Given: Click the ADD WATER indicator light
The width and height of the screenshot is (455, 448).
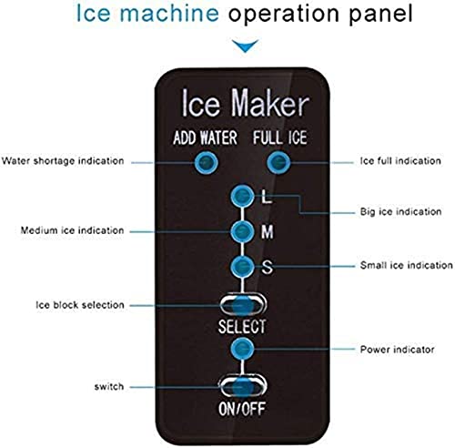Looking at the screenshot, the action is coord(206,162).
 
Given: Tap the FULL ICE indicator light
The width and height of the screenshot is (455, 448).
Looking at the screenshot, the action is coord(278,162).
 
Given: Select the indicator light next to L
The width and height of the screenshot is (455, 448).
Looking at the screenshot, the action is coord(242,197).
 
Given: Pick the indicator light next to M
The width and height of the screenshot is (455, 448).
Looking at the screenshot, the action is coord(242,231).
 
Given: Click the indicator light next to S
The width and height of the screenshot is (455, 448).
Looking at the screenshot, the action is coord(242,267).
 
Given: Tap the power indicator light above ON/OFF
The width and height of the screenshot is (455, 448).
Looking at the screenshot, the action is coord(242,349).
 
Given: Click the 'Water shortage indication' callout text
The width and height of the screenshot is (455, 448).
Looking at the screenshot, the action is coord(63,161).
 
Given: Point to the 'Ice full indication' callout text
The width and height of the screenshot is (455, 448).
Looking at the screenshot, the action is coord(400,161).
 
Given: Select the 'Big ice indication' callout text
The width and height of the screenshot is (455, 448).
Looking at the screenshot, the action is coord(400,211).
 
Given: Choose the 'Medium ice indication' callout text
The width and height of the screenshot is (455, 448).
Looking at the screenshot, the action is coord(72,230).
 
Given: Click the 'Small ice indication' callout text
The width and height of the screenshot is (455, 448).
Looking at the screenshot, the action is coord(407,265).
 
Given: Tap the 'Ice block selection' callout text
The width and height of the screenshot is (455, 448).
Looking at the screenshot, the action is coord(80,305).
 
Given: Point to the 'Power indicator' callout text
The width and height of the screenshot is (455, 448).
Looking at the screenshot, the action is coord(397,350).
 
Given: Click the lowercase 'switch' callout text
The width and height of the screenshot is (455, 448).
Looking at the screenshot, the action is coord(109,387).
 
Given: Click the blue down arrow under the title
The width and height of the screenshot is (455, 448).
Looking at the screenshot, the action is coord(245,46).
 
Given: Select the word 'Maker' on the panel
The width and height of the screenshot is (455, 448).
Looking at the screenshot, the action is coord(269,103).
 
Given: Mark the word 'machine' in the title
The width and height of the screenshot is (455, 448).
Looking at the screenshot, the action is coord(169,14).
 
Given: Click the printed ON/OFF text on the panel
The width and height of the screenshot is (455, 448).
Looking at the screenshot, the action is coord(242,409).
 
